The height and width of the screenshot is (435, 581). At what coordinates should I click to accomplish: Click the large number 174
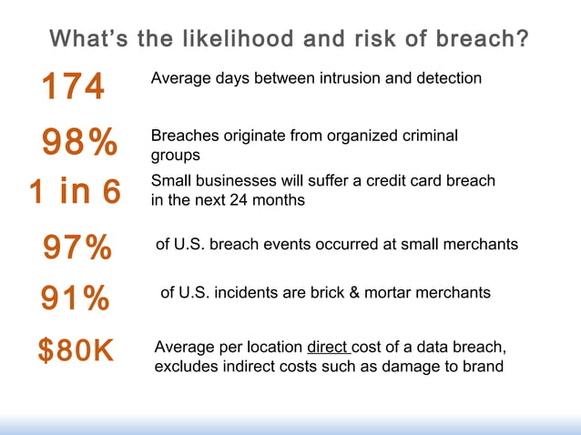(73, 88)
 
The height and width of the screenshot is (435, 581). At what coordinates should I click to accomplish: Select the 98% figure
(79, 143)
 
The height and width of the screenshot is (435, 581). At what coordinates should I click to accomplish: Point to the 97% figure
(77, 247)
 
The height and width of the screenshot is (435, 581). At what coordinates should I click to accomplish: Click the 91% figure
(75, 298)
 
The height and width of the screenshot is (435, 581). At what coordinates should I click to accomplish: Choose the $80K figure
(76, 350)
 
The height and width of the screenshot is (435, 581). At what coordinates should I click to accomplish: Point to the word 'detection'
(447, 78)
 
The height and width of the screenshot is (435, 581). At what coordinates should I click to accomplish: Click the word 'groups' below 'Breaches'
(175, 156)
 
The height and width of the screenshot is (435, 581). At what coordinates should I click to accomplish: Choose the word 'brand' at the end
(483, 367)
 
